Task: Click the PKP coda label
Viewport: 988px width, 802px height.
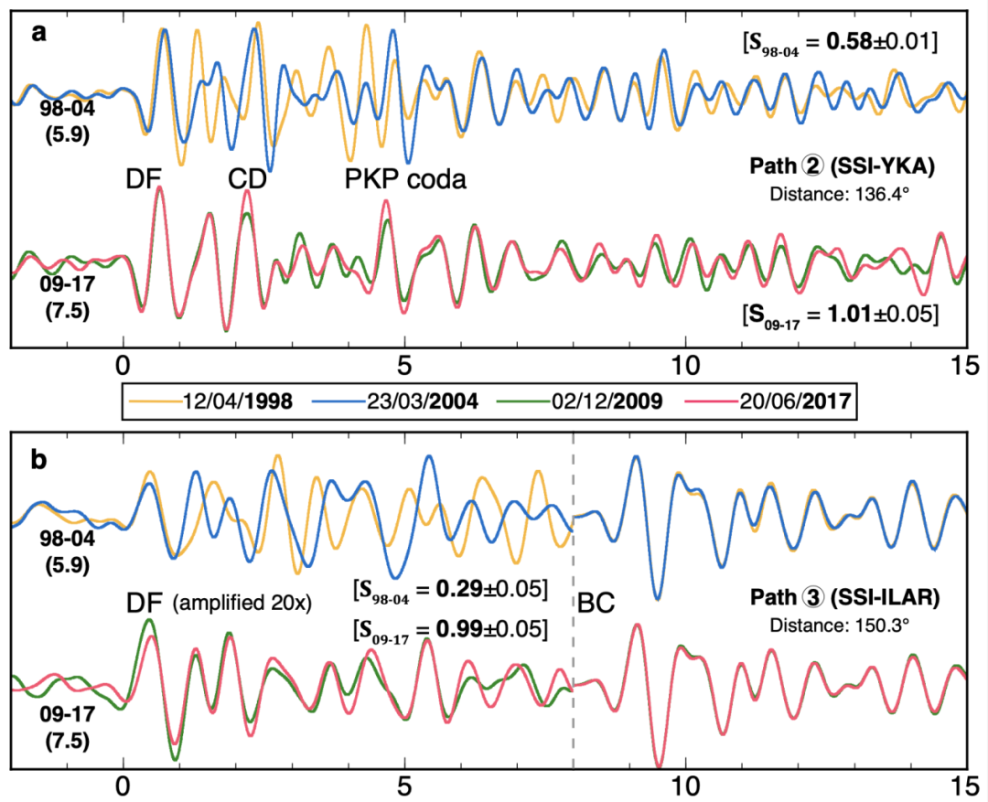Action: pyautogui.click(x=405, y=178)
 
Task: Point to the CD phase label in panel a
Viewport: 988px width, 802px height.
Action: pyautogui.click(x=247, y=179)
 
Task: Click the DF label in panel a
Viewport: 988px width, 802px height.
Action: pyautogui.click(x=146, y=179)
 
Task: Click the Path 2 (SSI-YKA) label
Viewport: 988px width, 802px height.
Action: pyautogui.click(x=843, y=169)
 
